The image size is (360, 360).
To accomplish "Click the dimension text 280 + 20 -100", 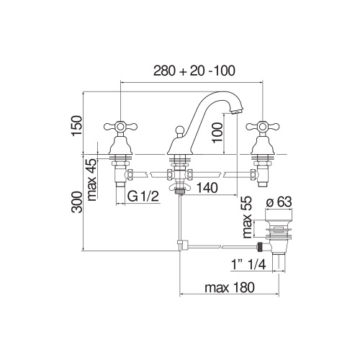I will (195, 71).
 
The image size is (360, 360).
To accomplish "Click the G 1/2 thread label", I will (143, 197).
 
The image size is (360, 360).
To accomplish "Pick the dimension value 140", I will (207, 188).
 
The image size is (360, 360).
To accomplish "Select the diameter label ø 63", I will (279, 201).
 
